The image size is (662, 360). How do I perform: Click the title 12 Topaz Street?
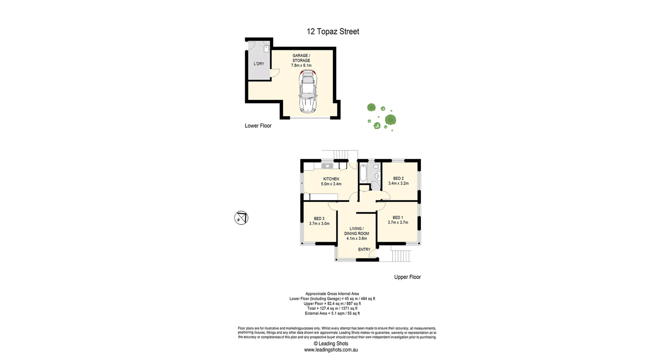click(333, 31)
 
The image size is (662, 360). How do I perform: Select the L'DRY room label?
click(259, 64)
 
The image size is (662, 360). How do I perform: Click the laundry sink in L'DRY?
click(267, 49)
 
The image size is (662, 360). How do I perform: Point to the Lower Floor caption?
click(258, 126)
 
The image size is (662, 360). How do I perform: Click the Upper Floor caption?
click(407, 277)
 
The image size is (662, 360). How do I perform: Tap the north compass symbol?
click(241, 218)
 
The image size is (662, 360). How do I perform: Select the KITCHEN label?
click(331, 179)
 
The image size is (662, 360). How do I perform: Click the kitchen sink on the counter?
click(328, 166)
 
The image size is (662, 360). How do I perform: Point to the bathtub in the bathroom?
click(363, 173)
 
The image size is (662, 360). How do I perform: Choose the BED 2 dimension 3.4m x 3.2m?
click(398, 183)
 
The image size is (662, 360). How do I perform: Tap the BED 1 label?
click(398, 218)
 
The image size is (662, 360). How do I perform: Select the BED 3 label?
click(319, 219)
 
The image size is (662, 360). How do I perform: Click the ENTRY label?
click(364, 249)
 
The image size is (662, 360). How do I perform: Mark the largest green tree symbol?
click(390, 120)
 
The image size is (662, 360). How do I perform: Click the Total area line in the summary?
click(332, 309)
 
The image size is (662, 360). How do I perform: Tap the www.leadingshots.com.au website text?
click(331, 350)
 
